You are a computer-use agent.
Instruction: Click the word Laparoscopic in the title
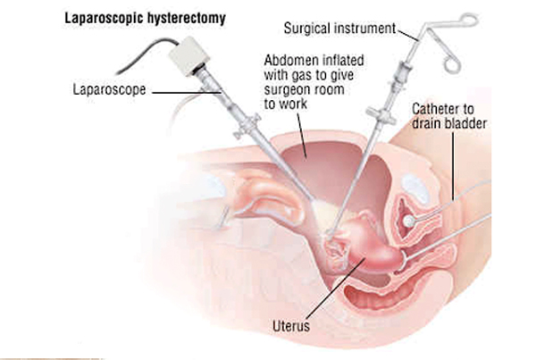[104, 19]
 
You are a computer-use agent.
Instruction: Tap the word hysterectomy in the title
[187, 19]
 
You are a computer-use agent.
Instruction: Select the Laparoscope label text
[109, 90]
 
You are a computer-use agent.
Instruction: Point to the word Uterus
[291, 326]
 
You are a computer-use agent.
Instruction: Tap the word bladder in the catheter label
[465, 123]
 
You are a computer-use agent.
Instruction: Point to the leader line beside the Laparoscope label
[187, 92]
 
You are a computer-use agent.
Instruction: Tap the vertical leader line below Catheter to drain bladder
[454, 166]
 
